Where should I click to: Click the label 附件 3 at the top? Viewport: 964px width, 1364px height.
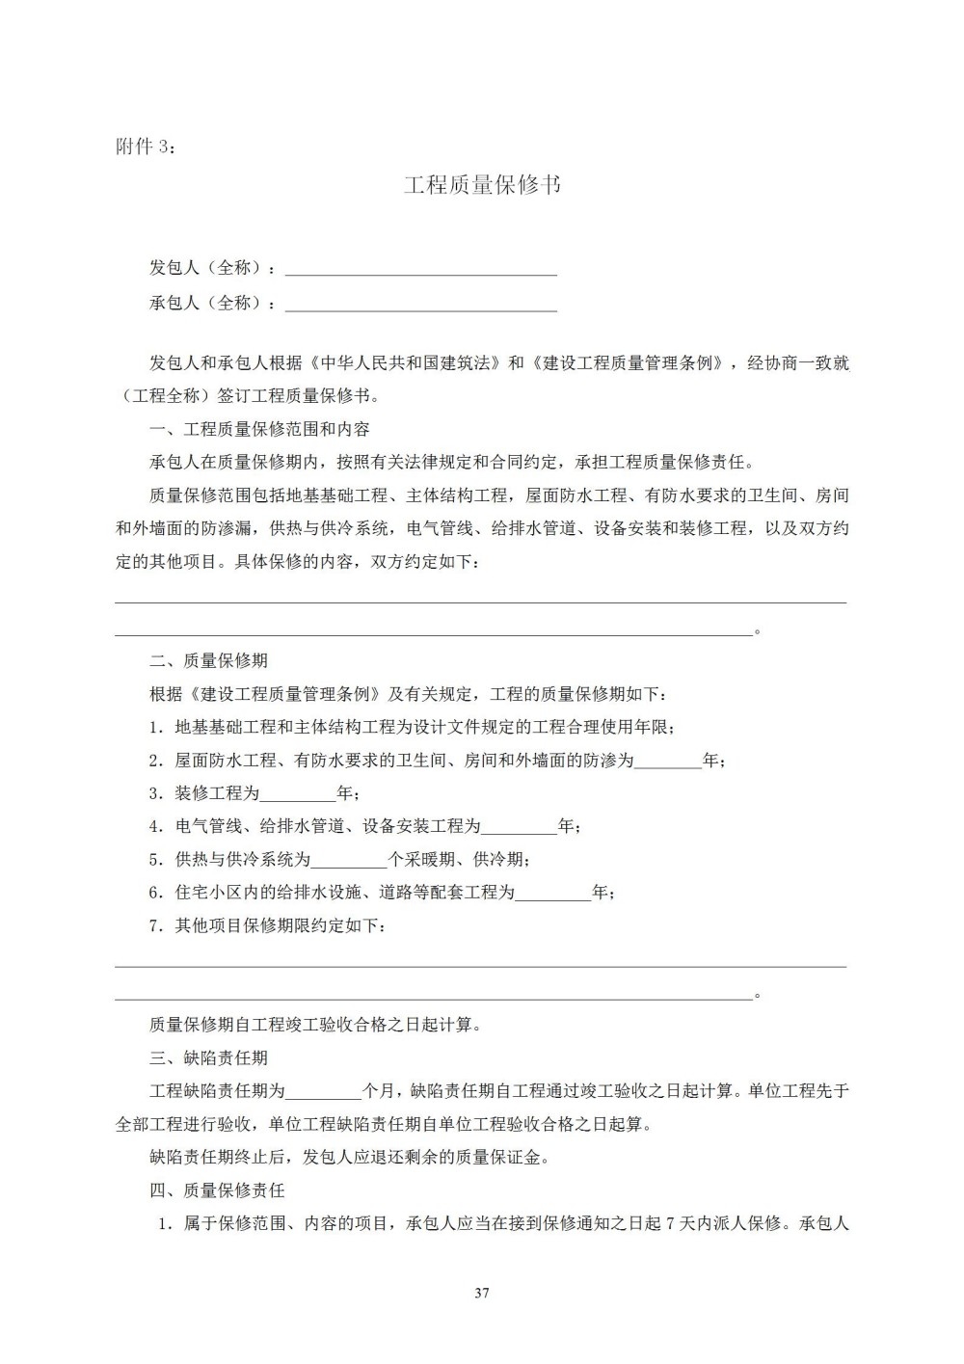point(146,147)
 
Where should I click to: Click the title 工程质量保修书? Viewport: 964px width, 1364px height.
point(482,185)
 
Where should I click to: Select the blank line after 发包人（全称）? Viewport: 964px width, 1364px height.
point(421,269)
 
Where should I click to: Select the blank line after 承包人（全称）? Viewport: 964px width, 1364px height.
point(421,305)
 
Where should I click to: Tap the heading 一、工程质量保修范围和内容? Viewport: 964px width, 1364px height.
point(259,429)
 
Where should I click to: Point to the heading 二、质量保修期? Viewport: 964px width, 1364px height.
point(209,661)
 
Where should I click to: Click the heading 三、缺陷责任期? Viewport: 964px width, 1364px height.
point(209,1058)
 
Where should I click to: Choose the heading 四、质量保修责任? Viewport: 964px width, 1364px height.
point(218,1190)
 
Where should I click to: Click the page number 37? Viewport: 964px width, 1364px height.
point(482,1293)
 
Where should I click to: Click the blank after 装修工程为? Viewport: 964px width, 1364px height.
point(299,795)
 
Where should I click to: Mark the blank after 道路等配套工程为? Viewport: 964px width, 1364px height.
point(553,894)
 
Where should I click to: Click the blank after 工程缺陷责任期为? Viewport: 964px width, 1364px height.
point(324,1092)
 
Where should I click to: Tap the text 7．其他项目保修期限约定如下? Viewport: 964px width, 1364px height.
point(270,926)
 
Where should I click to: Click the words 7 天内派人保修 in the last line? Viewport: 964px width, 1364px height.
point(723,1224)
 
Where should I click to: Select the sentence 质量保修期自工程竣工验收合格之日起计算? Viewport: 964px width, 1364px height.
point(315,1026)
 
